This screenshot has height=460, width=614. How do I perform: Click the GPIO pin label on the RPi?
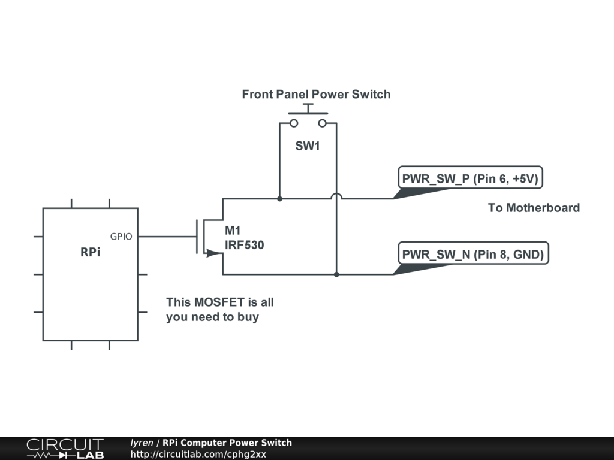[122, 237]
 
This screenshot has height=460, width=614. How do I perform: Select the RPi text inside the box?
[91, 253]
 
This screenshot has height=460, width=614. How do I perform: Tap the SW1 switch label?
[308, 146]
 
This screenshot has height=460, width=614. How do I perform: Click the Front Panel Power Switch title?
[316, 95]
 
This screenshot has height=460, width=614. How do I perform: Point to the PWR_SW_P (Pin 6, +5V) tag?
[471, 178]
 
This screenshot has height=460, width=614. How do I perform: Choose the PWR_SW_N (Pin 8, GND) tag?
[473, 255]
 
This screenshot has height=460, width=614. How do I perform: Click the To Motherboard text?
[534, 208]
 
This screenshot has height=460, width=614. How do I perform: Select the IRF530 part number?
[245, 245]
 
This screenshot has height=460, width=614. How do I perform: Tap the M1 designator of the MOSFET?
[232, 231]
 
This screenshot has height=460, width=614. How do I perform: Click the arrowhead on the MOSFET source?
[210, 253]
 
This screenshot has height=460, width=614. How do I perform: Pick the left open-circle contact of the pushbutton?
[294, 123]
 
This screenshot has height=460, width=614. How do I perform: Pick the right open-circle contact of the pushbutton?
[323, 123]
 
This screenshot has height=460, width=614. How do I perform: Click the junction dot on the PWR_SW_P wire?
[279, 198]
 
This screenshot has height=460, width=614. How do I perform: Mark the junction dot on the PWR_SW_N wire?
[336, 274]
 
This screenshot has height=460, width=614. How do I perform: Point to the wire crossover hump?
[336, 196]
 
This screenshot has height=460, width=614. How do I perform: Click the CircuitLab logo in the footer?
[65, 448]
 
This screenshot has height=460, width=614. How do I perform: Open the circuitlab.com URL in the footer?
[198, 454]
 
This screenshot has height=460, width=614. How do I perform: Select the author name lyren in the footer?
[142, 443]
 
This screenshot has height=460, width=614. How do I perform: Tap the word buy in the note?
[248, 317]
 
